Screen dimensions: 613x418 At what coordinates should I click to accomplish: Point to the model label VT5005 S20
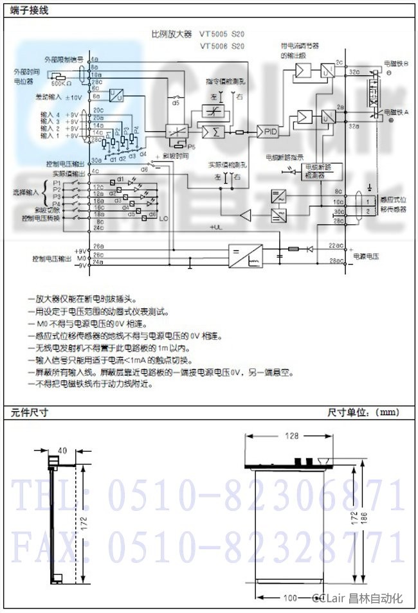point(223,34)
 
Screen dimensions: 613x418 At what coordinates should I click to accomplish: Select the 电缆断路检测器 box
point(323,171)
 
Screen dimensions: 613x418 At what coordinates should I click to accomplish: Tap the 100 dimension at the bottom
point(290,598)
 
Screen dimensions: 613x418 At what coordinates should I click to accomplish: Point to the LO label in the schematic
point(163,219)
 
